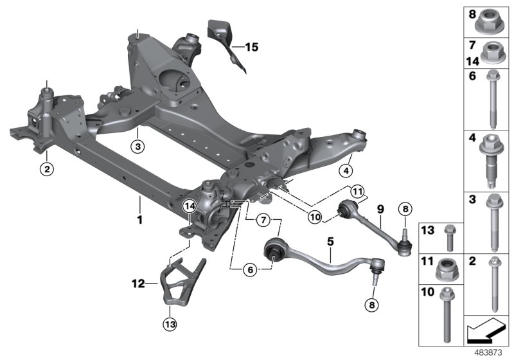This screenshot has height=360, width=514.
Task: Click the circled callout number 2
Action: point(46,170)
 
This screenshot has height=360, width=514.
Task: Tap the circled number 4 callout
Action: point(347,170)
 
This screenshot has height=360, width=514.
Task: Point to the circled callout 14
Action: point(189,206)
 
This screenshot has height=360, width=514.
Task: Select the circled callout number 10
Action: point(314,218)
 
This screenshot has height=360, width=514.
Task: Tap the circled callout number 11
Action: point(357,191)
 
